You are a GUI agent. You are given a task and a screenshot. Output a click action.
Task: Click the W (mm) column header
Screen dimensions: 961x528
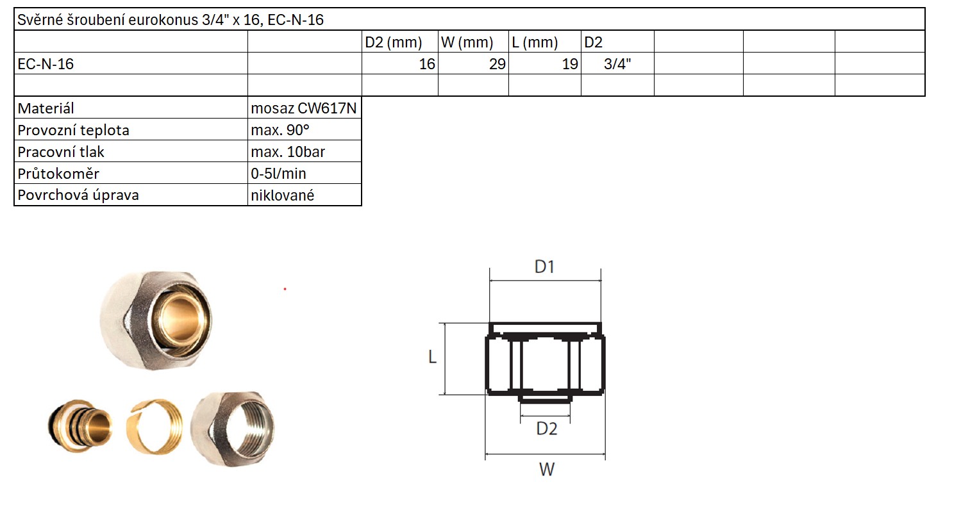pos(467,42)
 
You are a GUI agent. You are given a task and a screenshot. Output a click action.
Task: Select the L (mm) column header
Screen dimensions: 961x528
pos(535,42)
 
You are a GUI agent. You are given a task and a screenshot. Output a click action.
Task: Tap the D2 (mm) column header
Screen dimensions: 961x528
pos(394,42)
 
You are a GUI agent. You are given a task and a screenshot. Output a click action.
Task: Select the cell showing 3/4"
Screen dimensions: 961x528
pos(617,64)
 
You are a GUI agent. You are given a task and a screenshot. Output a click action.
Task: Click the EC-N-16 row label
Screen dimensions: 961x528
pos(46,64)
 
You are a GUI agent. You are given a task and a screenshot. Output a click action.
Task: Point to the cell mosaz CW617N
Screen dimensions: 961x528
pos(304,108)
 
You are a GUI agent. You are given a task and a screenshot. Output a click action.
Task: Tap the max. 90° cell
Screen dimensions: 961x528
pos(280,130)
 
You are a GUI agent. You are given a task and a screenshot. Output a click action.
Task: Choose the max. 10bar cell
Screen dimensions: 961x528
pos(288,152)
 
